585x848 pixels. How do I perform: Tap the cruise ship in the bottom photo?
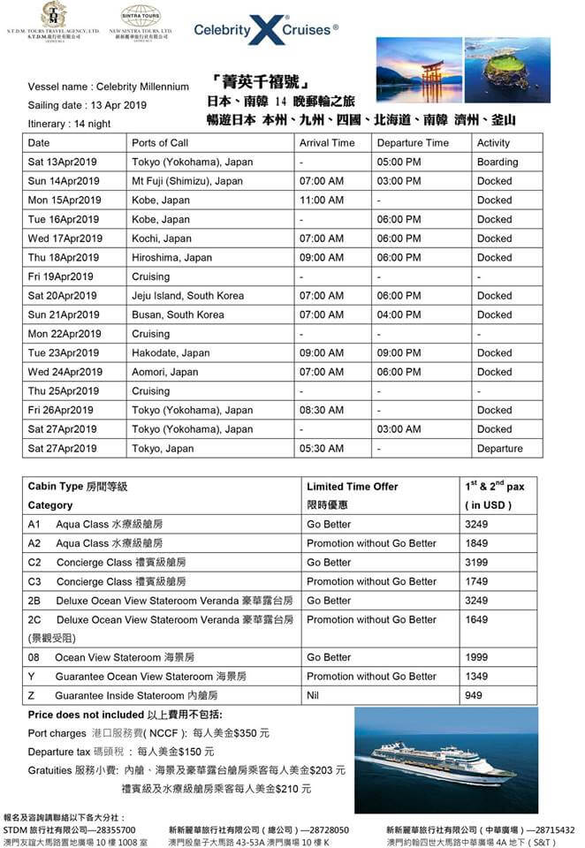443,761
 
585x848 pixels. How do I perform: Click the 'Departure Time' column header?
412,142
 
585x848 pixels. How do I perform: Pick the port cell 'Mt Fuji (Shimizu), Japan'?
186,181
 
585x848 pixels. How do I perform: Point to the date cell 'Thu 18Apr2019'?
65,258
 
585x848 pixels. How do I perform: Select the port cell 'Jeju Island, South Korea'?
187,296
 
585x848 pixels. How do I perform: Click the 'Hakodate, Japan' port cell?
171,352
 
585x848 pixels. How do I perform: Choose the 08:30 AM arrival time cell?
321,410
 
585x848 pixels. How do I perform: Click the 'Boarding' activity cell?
498,162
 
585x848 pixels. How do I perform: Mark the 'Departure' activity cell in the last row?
499,449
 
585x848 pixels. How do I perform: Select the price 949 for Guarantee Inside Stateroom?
474,695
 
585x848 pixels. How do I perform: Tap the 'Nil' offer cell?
314,695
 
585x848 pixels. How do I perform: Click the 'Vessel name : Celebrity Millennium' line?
109,87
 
